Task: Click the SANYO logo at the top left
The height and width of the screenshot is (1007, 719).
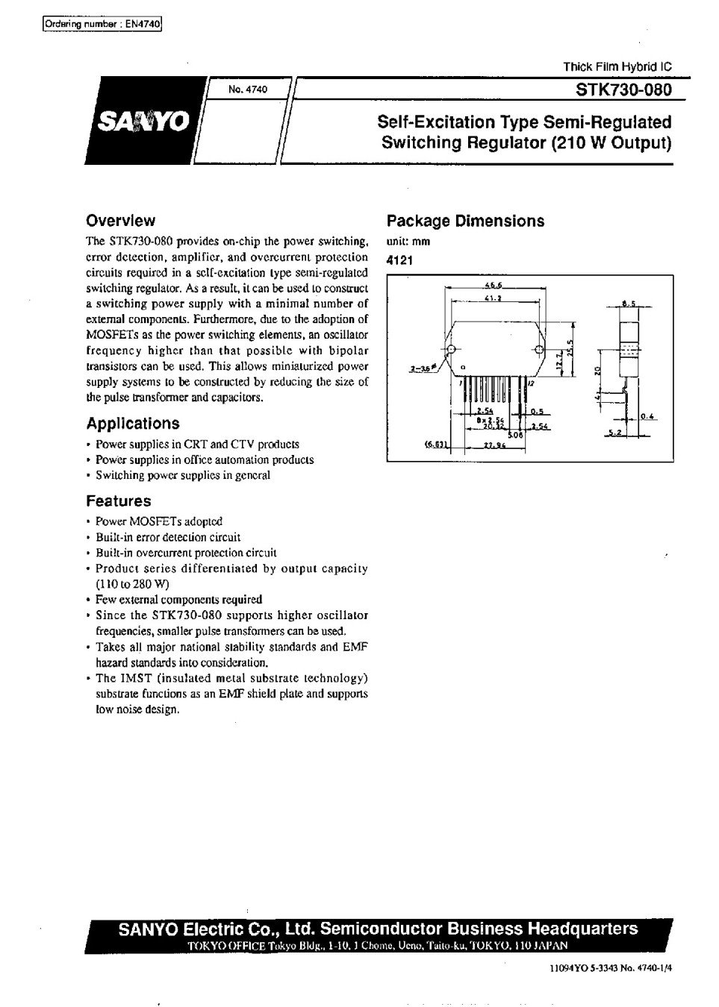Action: pos(142,121)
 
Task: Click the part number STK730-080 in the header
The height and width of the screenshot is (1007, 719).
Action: pos(623,90)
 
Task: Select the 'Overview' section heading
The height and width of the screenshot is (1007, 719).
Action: pos(121,221)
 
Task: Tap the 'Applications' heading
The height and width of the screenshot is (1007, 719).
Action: pos(133,424)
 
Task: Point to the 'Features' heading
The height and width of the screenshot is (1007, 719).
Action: pos(119,501)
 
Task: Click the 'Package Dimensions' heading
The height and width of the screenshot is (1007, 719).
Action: pos(465,222)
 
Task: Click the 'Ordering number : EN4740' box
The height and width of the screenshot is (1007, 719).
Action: pos(102,24)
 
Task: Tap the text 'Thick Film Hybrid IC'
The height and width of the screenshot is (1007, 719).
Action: pos(617,66)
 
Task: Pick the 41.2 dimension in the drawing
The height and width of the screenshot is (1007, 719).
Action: pos(492,298)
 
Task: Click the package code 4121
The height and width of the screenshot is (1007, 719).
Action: pos(399,260)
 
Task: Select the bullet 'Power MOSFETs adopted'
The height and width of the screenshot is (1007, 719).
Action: pos(158,521)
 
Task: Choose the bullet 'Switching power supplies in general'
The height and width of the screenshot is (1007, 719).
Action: pos(182,475)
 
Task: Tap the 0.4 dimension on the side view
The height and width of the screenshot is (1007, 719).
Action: pos(647,416)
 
